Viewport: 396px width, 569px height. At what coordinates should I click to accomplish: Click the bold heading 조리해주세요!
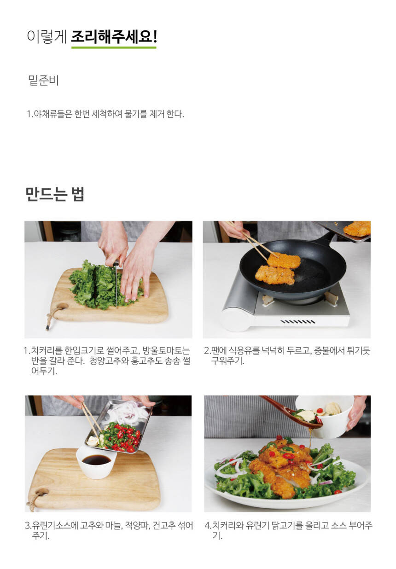114,37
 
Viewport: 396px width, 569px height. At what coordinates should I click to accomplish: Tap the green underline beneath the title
114,47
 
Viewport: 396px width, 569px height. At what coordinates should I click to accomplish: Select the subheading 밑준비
43,81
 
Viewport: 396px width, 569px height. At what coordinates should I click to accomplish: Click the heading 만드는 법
55,194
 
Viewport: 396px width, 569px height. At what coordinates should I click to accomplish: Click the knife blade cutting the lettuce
116,286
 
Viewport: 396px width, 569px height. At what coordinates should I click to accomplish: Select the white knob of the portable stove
234,319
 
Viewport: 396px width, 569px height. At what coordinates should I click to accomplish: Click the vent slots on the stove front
298,322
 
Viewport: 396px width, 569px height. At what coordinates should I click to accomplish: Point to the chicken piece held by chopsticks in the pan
284,260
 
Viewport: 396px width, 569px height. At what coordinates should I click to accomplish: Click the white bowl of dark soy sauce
97,464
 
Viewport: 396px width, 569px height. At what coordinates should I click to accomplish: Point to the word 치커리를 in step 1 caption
47,351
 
